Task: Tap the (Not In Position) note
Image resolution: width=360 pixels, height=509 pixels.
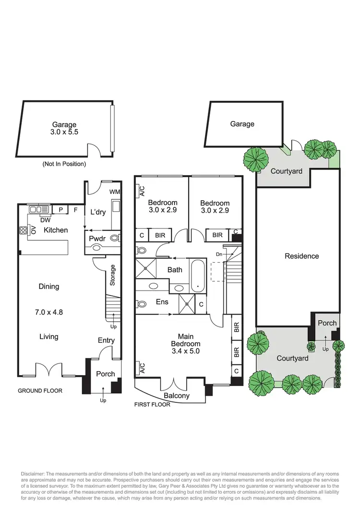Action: (64, 164)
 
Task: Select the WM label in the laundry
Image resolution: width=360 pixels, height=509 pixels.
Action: (115, 192)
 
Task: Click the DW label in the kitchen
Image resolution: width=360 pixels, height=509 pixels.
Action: (45, 220)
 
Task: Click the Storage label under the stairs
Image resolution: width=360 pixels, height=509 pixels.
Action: (113, 275)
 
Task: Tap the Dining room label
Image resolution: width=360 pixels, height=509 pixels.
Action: (49, 287)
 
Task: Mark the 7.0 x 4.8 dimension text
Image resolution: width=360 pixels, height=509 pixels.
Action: (49, 312)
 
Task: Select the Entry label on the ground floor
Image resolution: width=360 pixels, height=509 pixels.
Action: (106, 340)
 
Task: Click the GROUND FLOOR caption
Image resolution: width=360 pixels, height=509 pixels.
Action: (40, 391)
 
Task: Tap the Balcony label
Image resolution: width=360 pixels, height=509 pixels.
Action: (177, 396)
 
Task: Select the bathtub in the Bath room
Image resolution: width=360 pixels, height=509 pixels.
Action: (198, 276)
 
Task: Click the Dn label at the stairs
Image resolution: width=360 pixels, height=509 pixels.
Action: (219, 254)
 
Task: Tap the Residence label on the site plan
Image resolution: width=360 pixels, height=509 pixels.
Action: (302, 256)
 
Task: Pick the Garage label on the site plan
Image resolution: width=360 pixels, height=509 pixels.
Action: (242, 124)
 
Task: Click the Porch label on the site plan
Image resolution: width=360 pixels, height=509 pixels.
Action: (327, 323)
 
